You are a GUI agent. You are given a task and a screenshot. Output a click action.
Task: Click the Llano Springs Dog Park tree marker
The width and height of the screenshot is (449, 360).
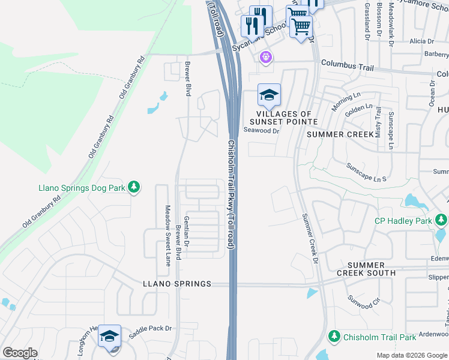134,188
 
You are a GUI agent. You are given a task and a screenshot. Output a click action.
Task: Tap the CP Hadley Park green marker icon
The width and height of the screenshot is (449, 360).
441,221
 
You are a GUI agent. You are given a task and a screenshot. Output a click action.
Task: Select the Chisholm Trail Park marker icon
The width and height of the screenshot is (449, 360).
335,337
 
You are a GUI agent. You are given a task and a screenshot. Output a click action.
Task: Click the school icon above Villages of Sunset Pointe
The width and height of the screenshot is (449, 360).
270,95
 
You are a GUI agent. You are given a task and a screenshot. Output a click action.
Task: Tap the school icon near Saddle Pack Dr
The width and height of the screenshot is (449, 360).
110,337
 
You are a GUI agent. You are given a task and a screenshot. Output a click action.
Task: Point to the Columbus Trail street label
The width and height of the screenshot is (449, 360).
346,62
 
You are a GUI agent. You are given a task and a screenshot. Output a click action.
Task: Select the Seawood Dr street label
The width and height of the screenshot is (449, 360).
261,131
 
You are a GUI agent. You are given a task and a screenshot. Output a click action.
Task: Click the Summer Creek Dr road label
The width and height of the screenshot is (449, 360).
309,238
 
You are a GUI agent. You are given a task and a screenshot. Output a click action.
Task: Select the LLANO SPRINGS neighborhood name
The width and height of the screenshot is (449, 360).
177,284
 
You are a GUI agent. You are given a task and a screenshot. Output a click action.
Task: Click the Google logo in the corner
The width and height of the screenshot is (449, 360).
19,353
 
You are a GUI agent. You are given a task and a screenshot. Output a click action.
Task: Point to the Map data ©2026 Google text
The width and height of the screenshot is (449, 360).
411,355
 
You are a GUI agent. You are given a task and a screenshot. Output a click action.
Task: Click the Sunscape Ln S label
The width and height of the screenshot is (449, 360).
366,171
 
